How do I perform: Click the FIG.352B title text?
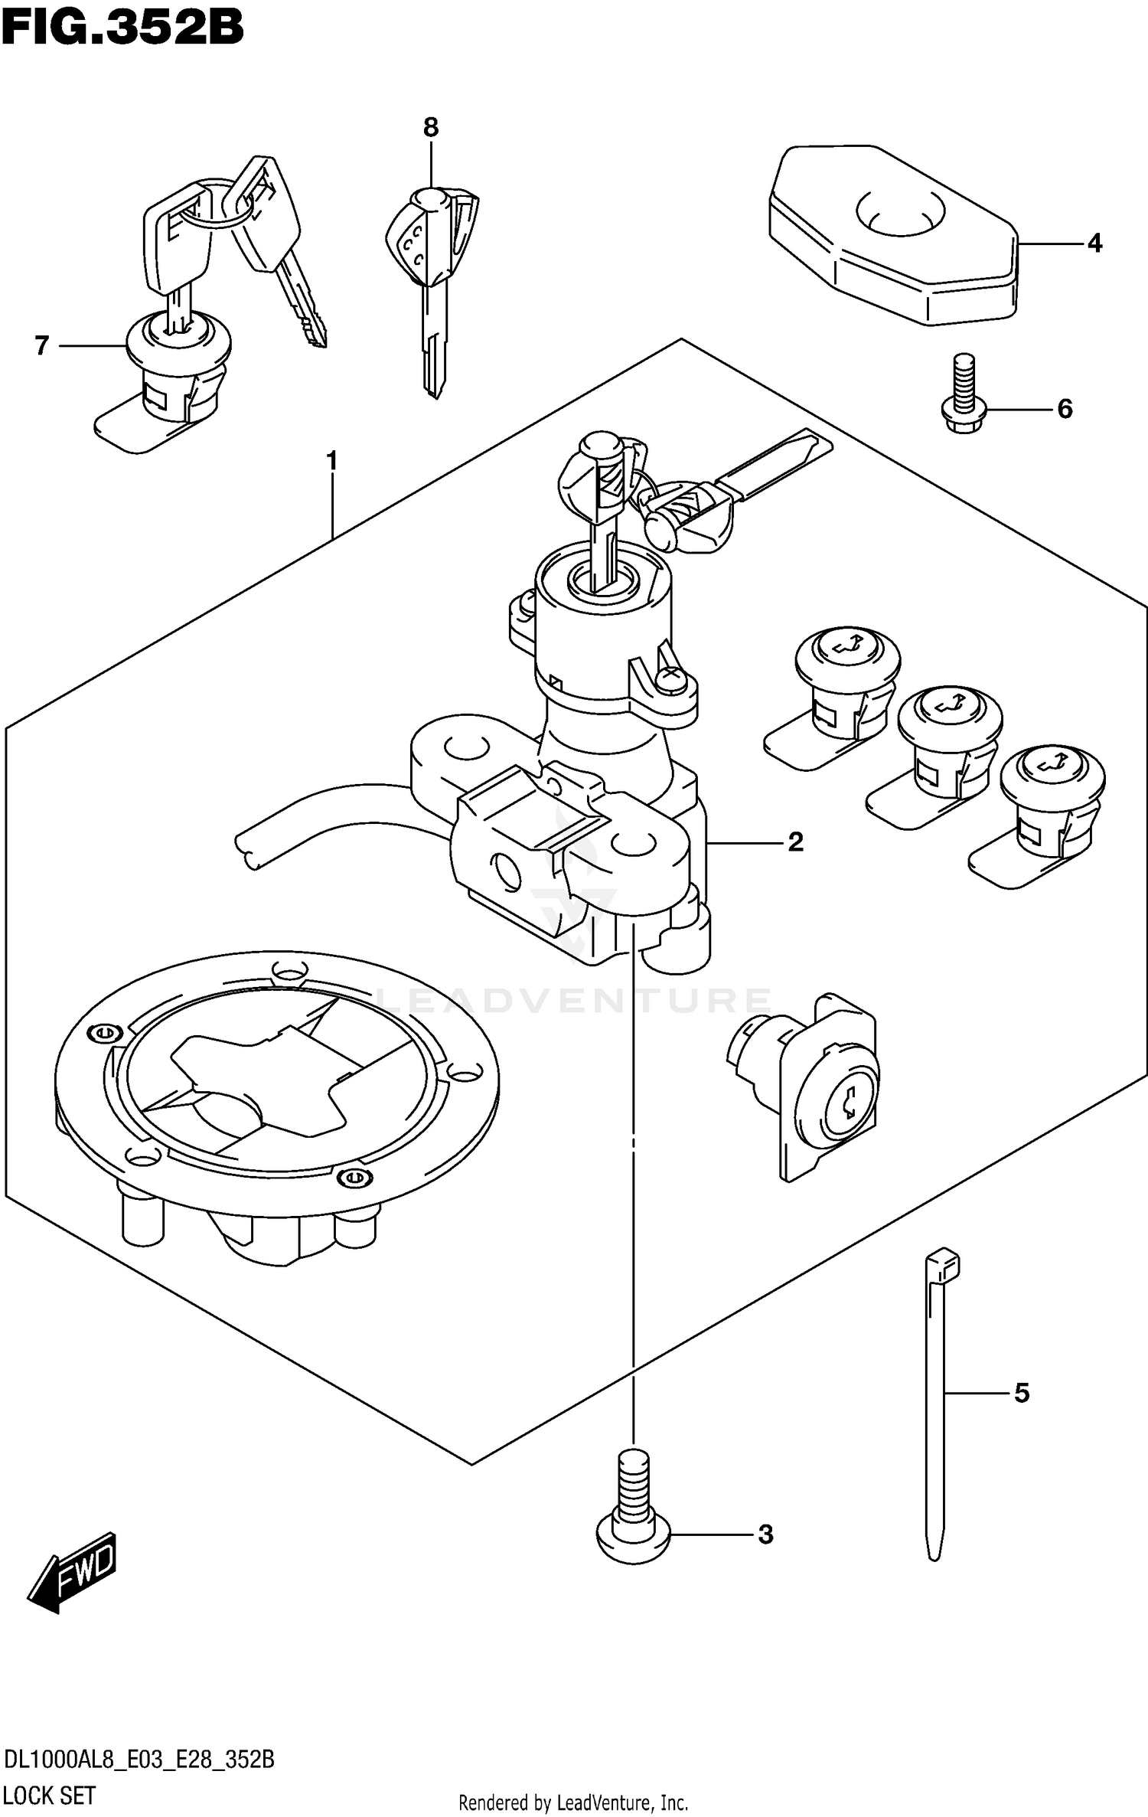122,29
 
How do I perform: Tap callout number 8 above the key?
431,128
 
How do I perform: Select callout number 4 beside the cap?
1094,243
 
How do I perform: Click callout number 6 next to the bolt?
1065,410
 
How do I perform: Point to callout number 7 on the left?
42,346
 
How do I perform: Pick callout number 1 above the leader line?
332,461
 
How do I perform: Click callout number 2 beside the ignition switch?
796,842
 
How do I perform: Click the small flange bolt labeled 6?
964,394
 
